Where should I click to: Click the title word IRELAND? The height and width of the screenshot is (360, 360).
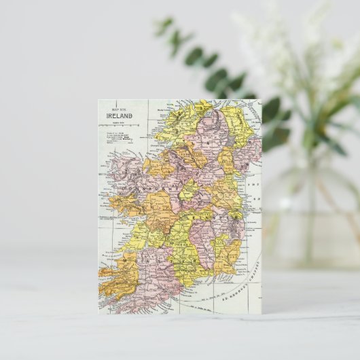point(119,115)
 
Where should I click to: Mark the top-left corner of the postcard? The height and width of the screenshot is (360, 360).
point(98,100)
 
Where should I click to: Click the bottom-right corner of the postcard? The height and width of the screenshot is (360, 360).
point(262,313)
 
